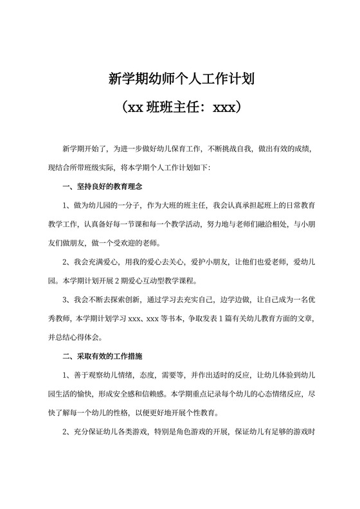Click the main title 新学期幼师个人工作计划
[180, 80]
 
